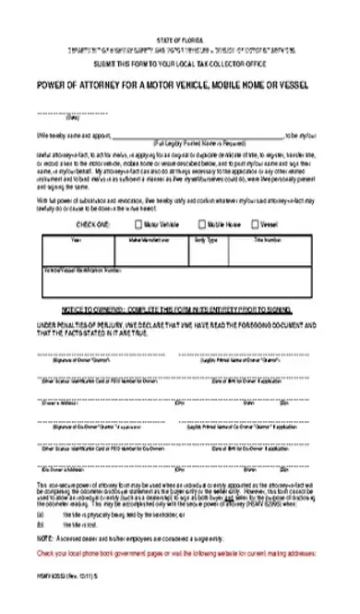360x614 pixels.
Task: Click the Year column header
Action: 77,239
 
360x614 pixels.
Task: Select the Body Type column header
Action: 206,239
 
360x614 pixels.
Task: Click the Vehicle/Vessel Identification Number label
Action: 82,271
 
